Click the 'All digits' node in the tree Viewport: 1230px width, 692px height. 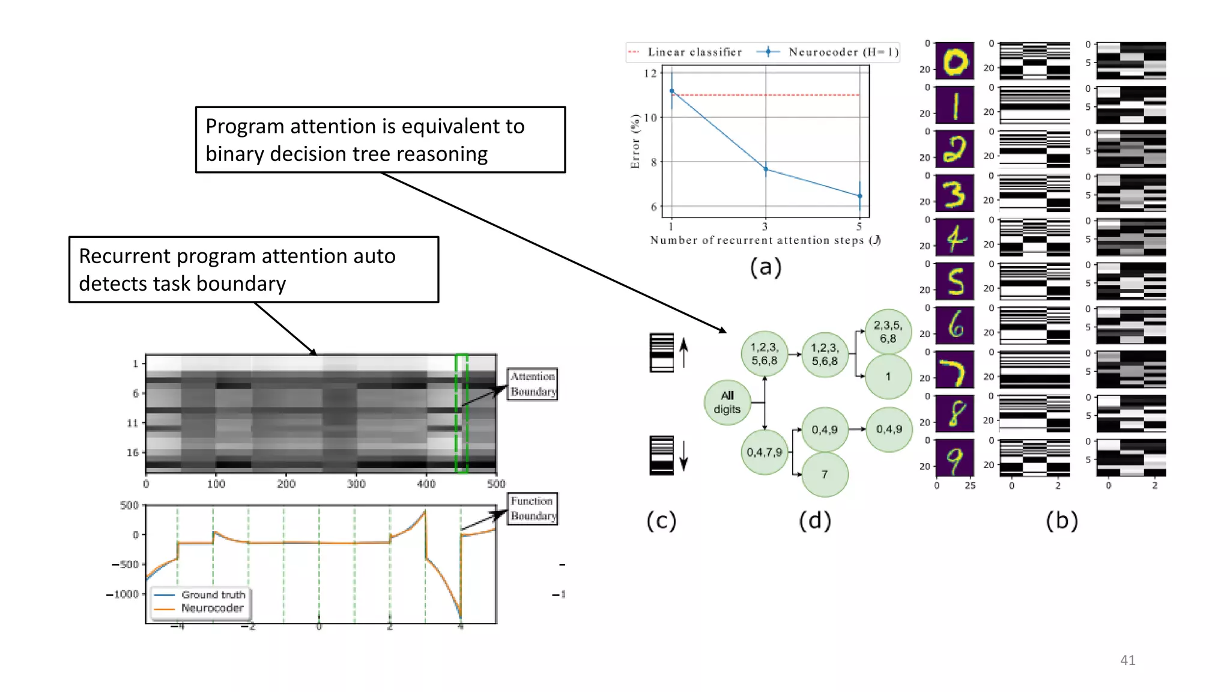[727, 402]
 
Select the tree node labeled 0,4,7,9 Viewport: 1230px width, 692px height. [764, 452]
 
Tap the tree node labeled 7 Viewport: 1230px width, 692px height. [825, 475]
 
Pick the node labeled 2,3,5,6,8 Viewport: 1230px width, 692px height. [888, 332]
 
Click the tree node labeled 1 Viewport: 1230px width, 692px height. [888, 377]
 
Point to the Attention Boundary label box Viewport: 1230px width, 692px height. [532, 384]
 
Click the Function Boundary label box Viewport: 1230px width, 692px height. [532, 508]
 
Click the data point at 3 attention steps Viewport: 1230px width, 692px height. [766, 169]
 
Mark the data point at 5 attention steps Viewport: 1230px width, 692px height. [860, 196]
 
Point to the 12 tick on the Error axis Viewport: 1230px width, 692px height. [650, 73]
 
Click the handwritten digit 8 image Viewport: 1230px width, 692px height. [955, 413]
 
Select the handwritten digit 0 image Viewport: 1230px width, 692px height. [955, 61]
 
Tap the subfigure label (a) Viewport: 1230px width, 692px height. [765, 267]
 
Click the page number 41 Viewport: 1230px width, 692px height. [1127, 660]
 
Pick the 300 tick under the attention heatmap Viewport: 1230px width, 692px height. [356, 484]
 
